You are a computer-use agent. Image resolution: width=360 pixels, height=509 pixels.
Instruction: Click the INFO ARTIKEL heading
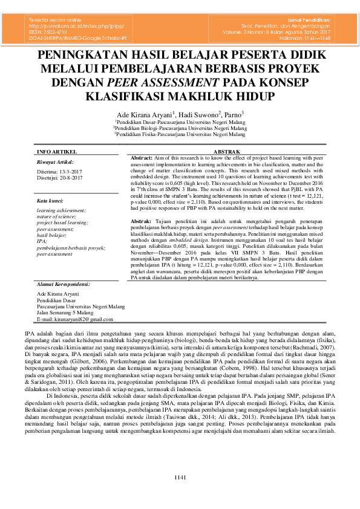[x=57, y=151]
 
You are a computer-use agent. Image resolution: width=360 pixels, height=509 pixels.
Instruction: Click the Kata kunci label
[x=51, y=200]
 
